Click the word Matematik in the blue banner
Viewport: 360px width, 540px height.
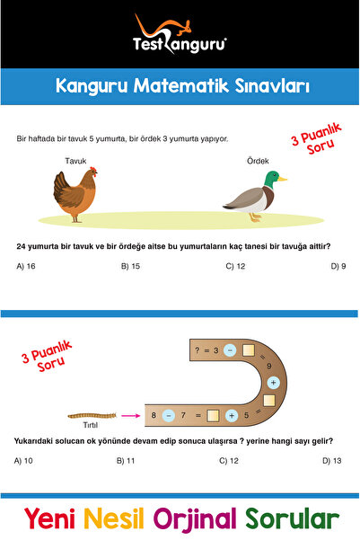pyautogui.click(x=180, y=85)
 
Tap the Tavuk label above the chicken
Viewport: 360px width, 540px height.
pyautogui.click(x=75, y=161)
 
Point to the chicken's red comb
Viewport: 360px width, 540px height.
pyautogui.click(x=93, y=169)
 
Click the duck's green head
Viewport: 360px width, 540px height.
pyautogui.click(x=272, y=179)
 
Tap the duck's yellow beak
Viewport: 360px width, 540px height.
pyautogui.click(x=283, y=179)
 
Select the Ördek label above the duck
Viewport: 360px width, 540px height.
pyautogui.click(x=258, y=161)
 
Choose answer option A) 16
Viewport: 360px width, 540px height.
pyautogui.click(x=26, y=266)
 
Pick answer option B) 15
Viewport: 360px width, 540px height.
pyautogui.click(x=130, y=266)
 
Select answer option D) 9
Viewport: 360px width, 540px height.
pyautogui.click(x=338, y=266)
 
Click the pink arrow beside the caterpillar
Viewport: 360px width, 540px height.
pyautogui.click(x=131, y=416)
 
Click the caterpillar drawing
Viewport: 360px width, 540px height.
pyautogui.click(x=92, y=416)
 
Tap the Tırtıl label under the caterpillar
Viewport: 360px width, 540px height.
pyautogui.click(x=91, y=425)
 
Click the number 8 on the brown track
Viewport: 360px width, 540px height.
pyautogui.click(x=154, y=415)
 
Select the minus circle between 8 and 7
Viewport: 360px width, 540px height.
pyautogui.click(x=169, y=415)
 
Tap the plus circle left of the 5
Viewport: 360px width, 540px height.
pyautogui.click(x=232, y=416)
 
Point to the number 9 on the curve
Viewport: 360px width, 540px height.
pyautogui.click(x=269, y=366)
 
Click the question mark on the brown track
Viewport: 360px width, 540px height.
pyautogui.click(x=197, y=350)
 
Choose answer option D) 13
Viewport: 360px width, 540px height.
pyautogui.click(x=332, y=461)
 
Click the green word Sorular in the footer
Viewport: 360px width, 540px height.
pyautogui.click(x=293, y=518)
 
